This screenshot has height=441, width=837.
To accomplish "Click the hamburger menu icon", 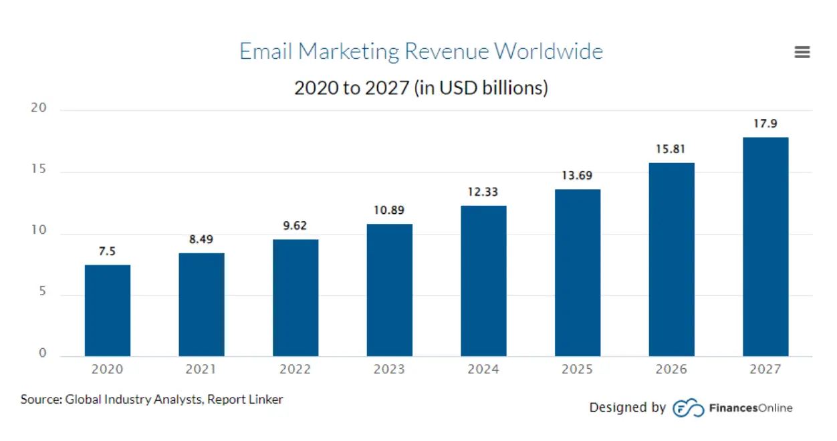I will pos(802,52).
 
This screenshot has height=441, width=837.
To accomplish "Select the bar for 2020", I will pos(108,310).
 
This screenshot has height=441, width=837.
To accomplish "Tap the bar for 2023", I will pos(390,289).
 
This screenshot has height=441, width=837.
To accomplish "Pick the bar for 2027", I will pos(765,247).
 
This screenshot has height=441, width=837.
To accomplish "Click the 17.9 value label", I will pos(765,124).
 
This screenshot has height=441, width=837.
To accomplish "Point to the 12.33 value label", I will pos(483,192).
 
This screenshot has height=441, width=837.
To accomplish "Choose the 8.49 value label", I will pos(201,239).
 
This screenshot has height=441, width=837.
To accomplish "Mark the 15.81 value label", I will pos(671,149).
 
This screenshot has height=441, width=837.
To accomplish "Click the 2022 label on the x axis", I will pos(295,369).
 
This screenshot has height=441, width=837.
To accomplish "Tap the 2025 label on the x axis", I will pos(578,369).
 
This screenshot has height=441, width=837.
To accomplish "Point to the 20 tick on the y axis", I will pos(39,109).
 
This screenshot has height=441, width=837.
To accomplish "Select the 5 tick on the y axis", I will pos(43,293).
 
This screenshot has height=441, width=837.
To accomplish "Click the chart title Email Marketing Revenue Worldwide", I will pos(421,51).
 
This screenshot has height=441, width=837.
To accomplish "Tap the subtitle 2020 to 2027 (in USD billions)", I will pos(421,88).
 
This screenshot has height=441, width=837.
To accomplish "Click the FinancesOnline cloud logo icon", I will pos(688,408).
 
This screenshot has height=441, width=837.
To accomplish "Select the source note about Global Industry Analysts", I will pos(152,400).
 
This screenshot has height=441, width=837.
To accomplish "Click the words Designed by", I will pos(627,408).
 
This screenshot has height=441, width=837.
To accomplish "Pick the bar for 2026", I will pos(671,259).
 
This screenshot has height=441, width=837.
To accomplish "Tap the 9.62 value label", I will pos(295,226).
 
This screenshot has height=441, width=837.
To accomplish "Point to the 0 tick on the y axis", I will pos(43,353).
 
